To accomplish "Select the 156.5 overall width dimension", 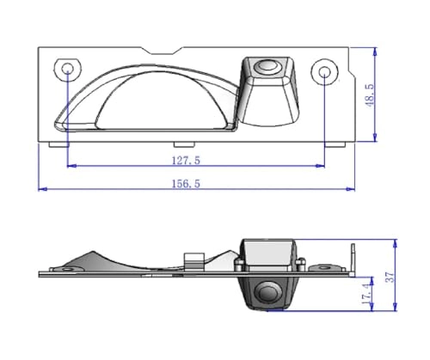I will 187,183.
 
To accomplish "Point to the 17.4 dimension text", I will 367,293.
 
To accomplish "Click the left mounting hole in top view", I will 67,69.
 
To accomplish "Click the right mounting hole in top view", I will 324,70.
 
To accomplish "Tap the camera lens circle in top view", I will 269,64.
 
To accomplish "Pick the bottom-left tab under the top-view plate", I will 58,143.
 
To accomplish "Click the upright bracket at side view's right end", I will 352,258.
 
